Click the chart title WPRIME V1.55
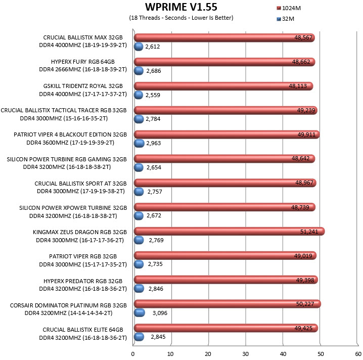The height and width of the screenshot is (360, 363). (x=181, y=7)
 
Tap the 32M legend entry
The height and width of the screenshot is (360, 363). (x=285, y=19)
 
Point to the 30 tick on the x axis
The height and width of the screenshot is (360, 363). (x=245, y=354)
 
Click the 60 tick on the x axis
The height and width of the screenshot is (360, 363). (x=358, y=354)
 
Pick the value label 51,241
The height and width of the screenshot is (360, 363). (x=309, y=232)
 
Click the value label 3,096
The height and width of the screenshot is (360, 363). (x=160, y=313)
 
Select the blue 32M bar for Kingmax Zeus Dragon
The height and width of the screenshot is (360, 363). (x=139, y=240)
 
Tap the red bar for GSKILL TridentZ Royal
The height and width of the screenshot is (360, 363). (x=223, y=86)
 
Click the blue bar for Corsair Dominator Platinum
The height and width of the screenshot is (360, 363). (x=140, y=313)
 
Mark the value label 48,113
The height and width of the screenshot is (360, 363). (x=298, y=86)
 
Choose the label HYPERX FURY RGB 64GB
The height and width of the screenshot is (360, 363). (x=83, y=62)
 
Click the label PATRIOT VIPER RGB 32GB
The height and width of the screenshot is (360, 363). (x=83, y=256)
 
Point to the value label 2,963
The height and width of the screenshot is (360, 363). (x=154, y=143)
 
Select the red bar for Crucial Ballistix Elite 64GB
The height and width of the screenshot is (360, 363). (x=226, y=328)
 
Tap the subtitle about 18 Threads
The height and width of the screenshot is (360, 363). (x=181, y=18)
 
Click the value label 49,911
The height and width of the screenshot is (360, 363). (x=306, y=134)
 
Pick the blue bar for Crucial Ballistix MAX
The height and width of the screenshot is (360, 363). (x=139, y=47)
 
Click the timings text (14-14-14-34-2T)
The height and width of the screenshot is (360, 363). (x=90, y=313)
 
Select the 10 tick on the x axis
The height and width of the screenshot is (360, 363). (x=170, y=354)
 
